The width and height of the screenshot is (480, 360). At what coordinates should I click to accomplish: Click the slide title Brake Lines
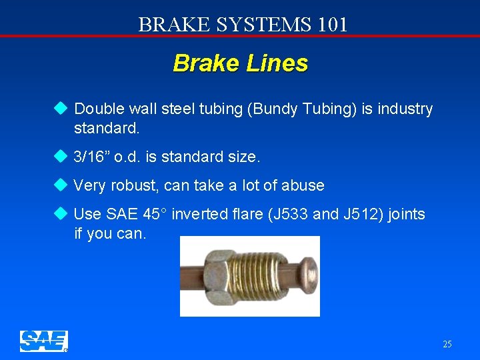click(x=240, y=63)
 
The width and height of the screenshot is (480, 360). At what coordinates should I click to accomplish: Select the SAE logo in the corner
click(x=44, y=341)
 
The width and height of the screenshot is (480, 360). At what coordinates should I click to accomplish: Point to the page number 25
click(x=447, y=344)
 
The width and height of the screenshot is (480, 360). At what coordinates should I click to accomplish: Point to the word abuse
click(x=303, y=185)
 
